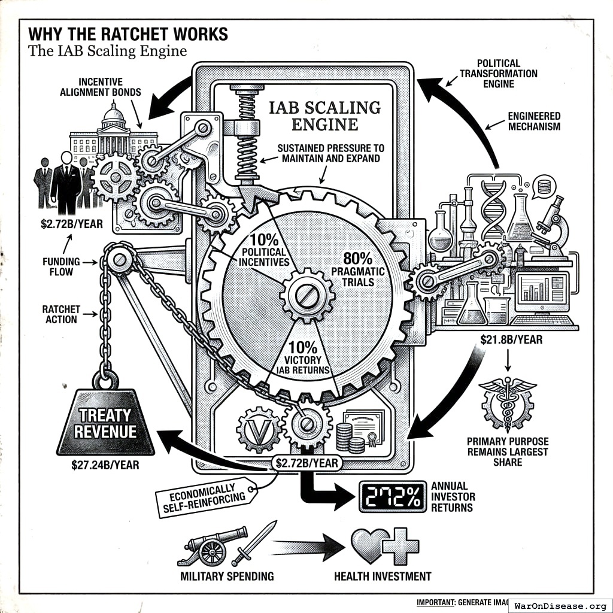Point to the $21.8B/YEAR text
(x=511, y=339)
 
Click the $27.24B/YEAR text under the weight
(x=105, y=464)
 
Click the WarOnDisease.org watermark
(x=560, y=605)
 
